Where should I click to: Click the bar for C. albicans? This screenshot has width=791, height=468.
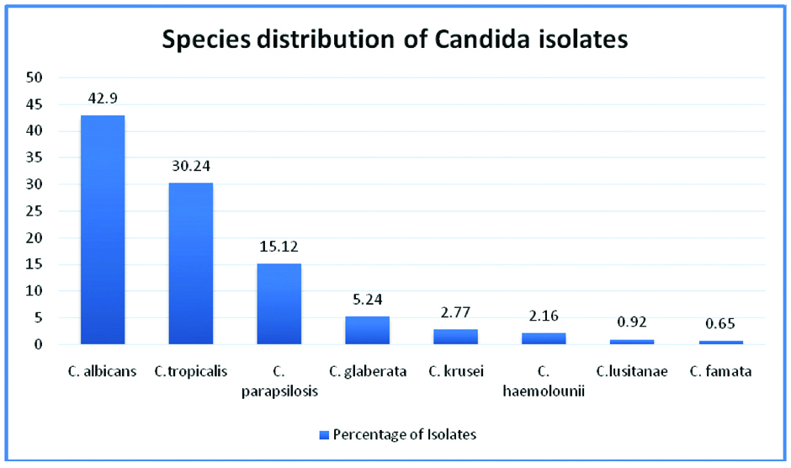103,230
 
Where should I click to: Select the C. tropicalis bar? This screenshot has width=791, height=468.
191,263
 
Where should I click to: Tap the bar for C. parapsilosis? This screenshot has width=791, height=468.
279,304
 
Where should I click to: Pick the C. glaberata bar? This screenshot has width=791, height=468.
368,330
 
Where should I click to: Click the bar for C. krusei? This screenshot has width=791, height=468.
455,337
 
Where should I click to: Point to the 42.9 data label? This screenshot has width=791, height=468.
103,98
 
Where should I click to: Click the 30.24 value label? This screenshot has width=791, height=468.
191,166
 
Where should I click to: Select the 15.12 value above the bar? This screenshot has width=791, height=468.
279,247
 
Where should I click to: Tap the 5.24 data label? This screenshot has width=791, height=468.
368,299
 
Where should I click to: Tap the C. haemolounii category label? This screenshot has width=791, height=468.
544,380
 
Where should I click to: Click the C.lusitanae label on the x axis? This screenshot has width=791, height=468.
632,371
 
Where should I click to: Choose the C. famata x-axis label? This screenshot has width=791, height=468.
720,371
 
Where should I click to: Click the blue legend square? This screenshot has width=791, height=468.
324,434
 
